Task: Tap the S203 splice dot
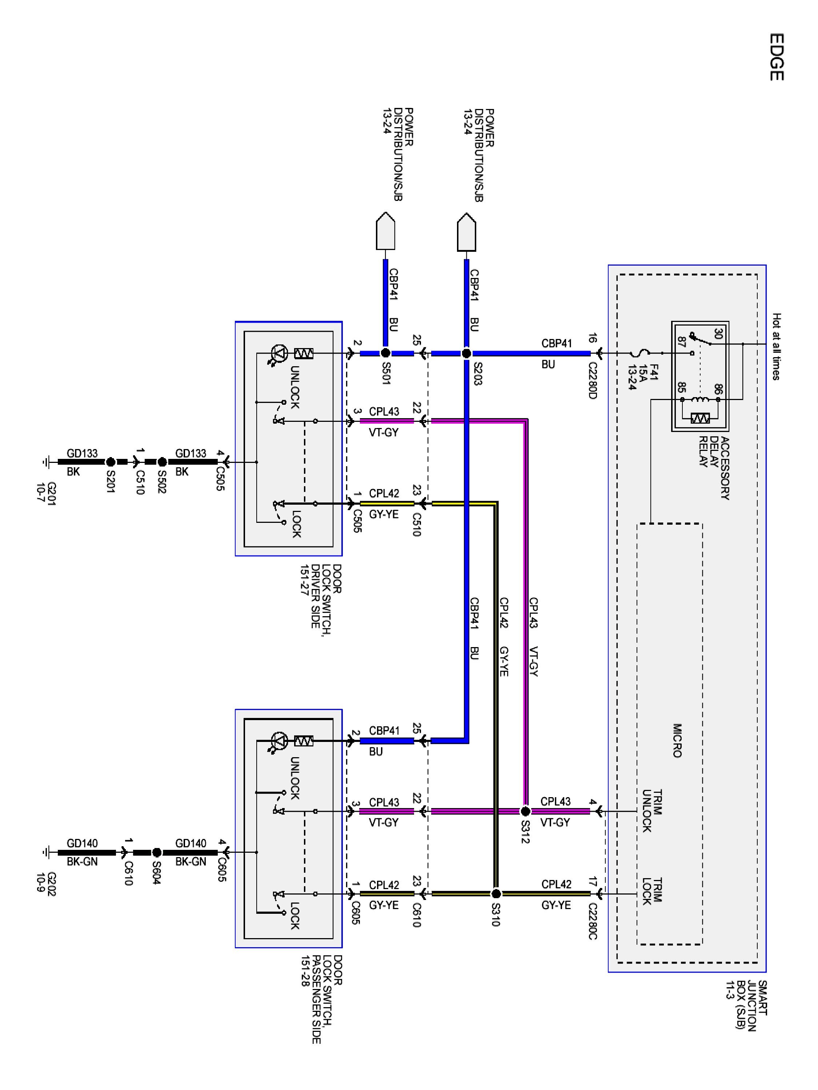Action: coord(466,353)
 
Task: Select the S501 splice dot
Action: coord(386,353)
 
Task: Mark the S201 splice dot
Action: coord(111,462)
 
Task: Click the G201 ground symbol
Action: coord(46,462)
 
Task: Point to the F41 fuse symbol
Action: coord(639,353)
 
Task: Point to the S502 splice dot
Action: coord(162,462)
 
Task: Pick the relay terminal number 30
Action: coord(718,334)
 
